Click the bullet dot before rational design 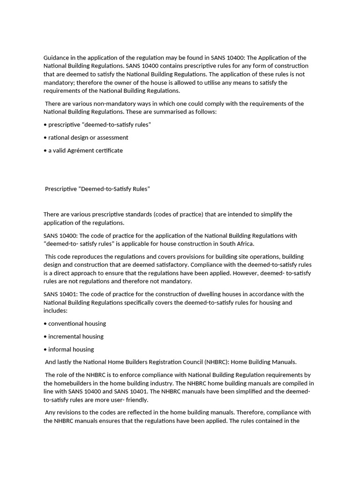click(x=45, y=138)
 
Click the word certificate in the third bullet click(x=109, y=150)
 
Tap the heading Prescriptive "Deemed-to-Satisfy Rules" click(x=97, y=189)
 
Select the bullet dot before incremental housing click(x=45, y=337)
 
